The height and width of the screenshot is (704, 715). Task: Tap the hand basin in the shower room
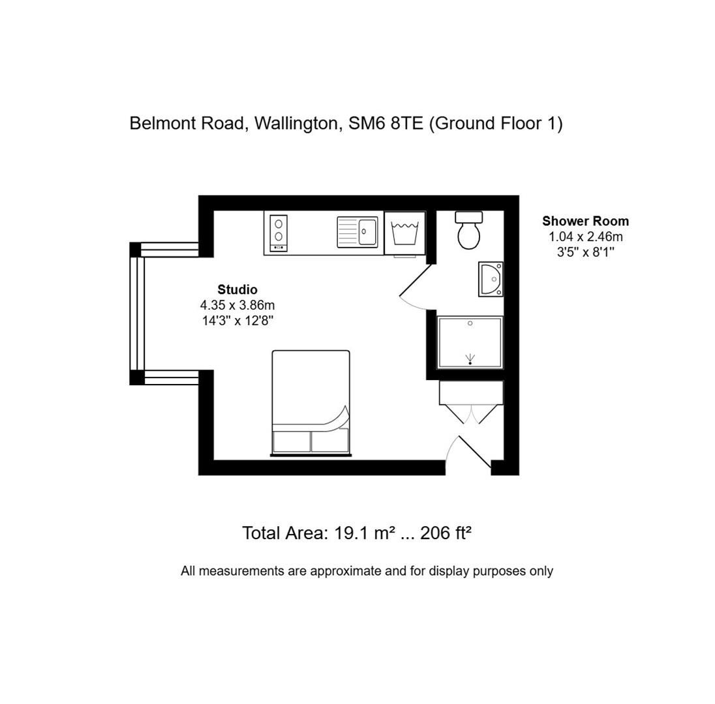pos(491,279)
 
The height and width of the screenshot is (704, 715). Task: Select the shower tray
pos(470,342)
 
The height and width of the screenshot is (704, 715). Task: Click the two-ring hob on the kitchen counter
pos(279,232)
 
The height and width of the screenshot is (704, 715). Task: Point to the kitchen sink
pos(357,232)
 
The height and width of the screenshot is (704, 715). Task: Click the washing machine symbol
pos(404,233)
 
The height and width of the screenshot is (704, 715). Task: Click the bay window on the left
pos(138,314)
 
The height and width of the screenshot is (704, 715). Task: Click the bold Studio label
pos(237,289)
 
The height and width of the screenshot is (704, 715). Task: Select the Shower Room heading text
pos(585,221)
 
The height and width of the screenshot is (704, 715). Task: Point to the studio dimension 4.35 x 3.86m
pos(237,305)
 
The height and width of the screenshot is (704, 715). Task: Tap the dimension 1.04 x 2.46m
pos(585,237)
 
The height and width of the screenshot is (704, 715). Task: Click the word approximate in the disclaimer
pos(344,571)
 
